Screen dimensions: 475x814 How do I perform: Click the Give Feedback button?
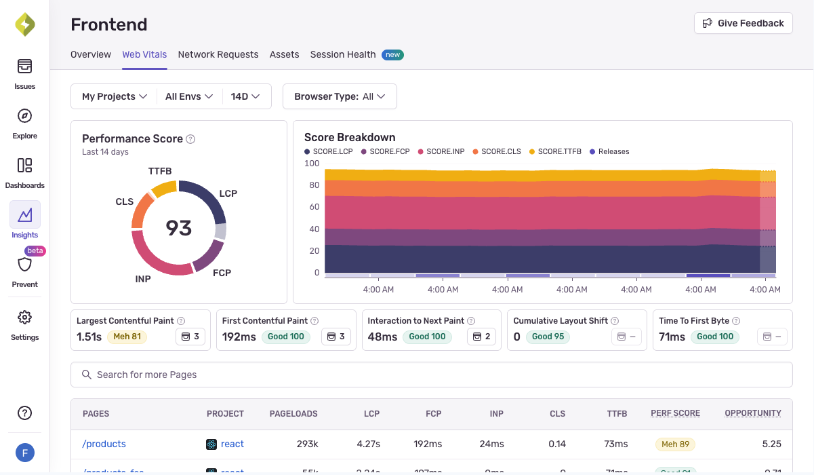(x=743, y=23)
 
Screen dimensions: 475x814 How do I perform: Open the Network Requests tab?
(x=218, y=54)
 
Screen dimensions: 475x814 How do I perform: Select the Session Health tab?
(x=343, y=54)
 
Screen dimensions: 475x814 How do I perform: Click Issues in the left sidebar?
(x=25, y=74)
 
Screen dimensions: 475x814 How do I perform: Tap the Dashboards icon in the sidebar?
(x=25, y=166)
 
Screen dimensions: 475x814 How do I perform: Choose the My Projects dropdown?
(x=115, y=96)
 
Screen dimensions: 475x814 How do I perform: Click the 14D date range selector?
(x=245, y=96)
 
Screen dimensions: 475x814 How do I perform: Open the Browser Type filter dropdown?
(x=340, y=96)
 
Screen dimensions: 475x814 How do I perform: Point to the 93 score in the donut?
(x=179, y=228)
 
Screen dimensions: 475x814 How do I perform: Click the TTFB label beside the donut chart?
(x=160, y=171)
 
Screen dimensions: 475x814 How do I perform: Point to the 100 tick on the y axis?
(x=312, y=164)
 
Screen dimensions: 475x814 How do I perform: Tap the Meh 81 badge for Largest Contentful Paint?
(x=127, y=337)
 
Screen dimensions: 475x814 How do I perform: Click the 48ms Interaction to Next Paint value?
(x=382, y=337)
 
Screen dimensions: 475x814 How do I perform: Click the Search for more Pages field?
(x=431, y=375)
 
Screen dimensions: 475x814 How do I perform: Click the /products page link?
(x=104, y=444)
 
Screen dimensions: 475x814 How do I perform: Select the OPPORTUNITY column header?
(x=752, y=413)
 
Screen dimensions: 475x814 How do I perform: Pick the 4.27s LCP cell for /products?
(x=368, y=444)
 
